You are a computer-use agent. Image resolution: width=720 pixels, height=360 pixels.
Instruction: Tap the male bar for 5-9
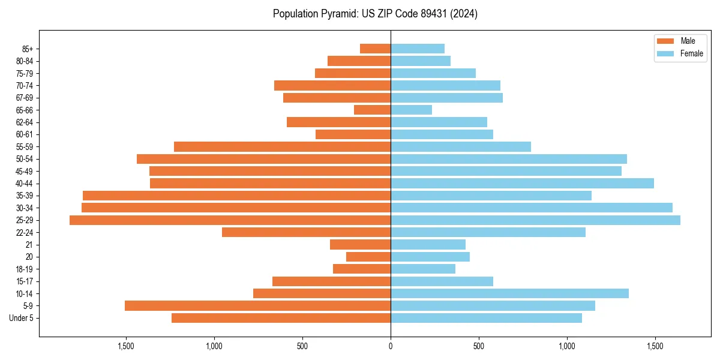tap(257, 305)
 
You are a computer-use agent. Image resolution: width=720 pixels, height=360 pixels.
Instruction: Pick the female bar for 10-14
tap(509, 293)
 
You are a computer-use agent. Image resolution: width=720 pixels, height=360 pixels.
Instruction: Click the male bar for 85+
tap(375, 49)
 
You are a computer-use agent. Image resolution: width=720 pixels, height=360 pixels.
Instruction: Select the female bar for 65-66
tap(411, 110)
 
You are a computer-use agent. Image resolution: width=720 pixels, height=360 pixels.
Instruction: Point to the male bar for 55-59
tap(282, 146)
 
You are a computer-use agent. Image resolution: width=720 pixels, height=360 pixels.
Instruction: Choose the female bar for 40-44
tap(522, 183)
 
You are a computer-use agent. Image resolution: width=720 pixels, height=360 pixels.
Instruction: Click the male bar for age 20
tap(368, 257)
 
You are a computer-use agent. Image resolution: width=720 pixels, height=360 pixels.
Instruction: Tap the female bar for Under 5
tap(486, 318)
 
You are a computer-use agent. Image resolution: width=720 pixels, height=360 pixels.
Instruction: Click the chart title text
tap(375, 14)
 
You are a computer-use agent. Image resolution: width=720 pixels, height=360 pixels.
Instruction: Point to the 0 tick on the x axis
tap(391, 346)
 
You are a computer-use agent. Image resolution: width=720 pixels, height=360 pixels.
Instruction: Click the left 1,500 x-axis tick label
tap(125, 346)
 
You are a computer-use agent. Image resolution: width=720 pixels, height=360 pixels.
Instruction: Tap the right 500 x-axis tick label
tap(478, 346)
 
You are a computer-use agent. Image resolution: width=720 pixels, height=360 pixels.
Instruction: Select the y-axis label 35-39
tap(25, 196)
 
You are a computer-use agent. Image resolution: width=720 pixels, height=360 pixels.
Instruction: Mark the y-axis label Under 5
tap(21, 318)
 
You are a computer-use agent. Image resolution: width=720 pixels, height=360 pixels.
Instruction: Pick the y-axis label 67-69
tap(25, 98)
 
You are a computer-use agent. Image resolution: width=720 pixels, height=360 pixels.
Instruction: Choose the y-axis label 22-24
tap(25, 232)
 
